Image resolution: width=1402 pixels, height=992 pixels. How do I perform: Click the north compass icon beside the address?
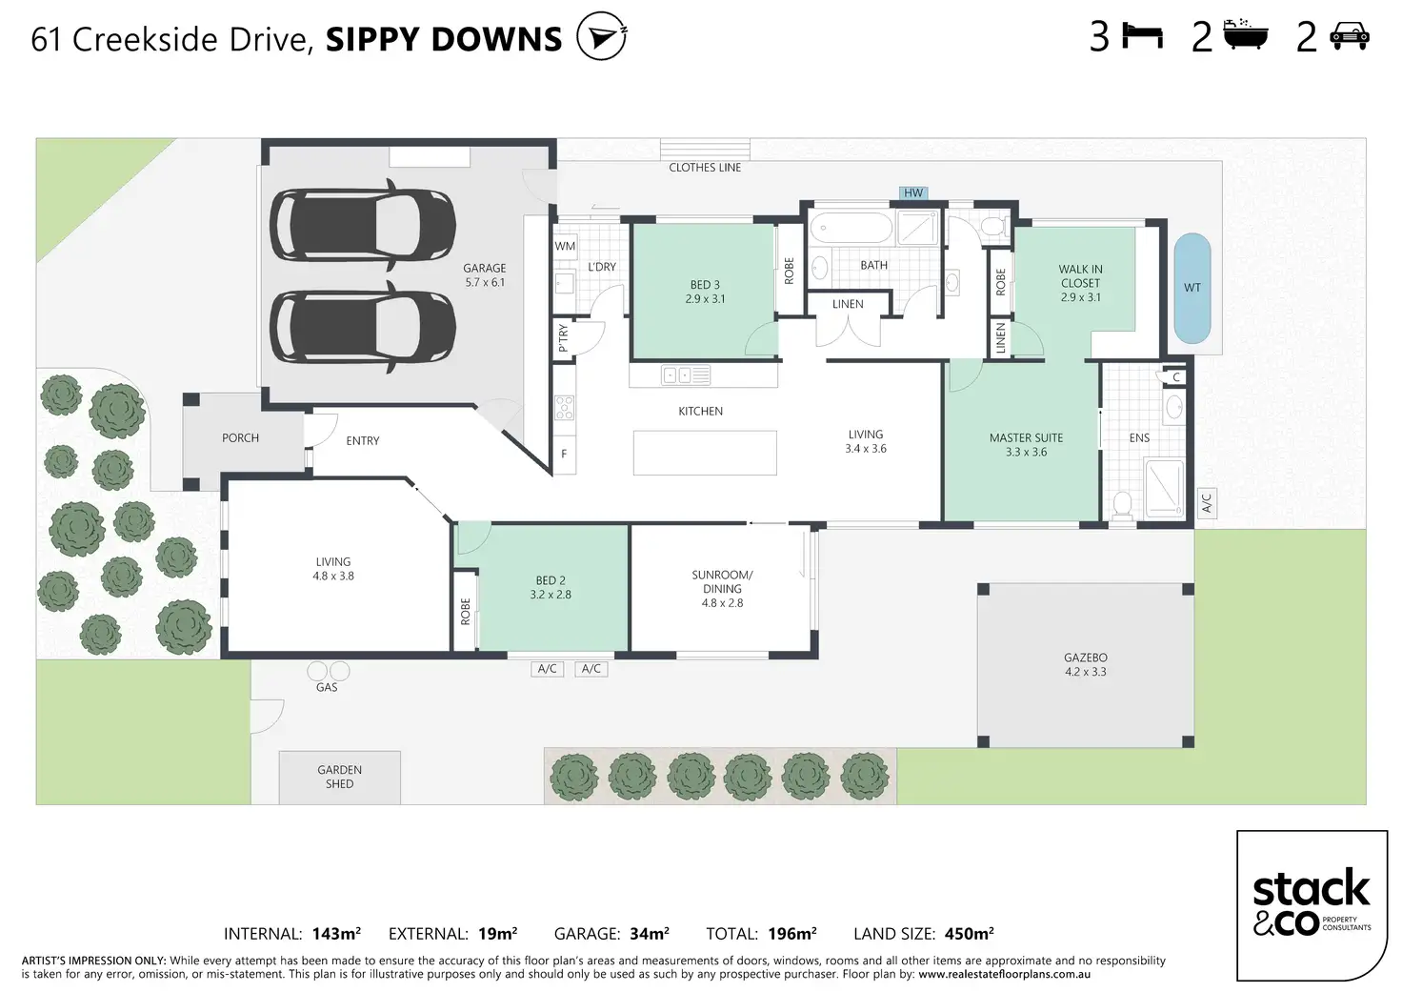click(602, 36)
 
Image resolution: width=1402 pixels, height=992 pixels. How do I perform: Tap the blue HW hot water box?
click(913, 192)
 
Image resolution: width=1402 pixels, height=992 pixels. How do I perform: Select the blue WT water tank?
click(1192, 288)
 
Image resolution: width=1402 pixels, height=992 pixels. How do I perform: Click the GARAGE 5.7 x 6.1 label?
click(485, 275)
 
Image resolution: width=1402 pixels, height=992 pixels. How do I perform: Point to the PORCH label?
click(240, 437)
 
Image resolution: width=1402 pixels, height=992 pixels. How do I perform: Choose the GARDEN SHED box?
click(339, 778)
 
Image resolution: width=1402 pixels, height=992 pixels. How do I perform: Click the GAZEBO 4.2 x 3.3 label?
click(1085, 664)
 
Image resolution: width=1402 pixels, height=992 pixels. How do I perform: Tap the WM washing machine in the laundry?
click(565, 246)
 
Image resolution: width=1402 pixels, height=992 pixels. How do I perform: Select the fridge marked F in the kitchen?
click(565, 454)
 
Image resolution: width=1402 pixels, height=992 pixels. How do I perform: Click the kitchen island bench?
click(705, 453)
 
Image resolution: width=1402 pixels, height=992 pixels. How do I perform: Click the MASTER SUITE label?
click(1026, 437)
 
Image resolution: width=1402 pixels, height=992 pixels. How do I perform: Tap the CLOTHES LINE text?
click(705, 167)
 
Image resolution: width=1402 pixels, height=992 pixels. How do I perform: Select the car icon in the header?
click(1350, 36)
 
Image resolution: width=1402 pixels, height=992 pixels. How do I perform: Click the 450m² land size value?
click(969, 934)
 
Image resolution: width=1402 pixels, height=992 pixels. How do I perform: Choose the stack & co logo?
click(1312, 905)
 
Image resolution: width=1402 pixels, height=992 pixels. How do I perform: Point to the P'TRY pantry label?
click(563, 339)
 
